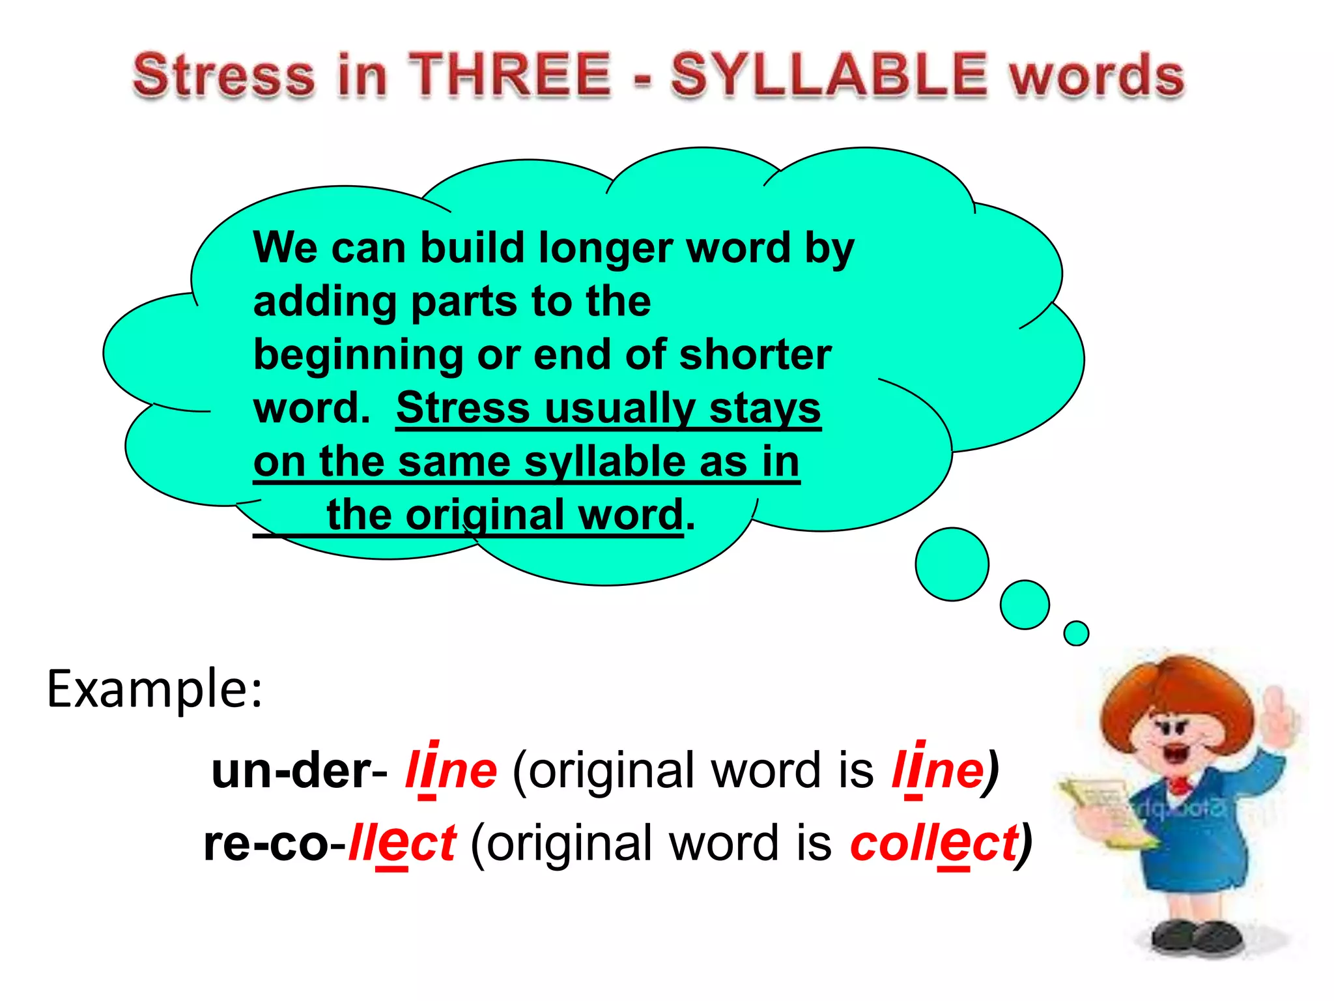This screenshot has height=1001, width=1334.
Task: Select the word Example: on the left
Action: (x=154, y=689)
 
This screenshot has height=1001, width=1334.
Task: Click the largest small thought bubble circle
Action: (x=952, y=564)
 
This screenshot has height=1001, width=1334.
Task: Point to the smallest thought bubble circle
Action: (x=1076, y=633)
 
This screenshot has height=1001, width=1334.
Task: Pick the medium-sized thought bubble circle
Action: (x=1025, y=605)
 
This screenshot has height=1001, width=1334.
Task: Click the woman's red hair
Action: (x=1172, y=691)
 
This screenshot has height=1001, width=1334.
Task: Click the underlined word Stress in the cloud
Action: (x=463, y=409)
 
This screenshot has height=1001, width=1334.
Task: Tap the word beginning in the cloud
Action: (x=358, y=356)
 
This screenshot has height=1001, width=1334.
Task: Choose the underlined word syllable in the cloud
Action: (x=604, y=462)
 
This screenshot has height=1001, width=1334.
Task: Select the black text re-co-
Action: (x=274, y=844)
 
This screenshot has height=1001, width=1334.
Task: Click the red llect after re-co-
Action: (x=402, y=844)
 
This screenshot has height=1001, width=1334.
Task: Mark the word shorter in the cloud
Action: (x=755, y=356)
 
